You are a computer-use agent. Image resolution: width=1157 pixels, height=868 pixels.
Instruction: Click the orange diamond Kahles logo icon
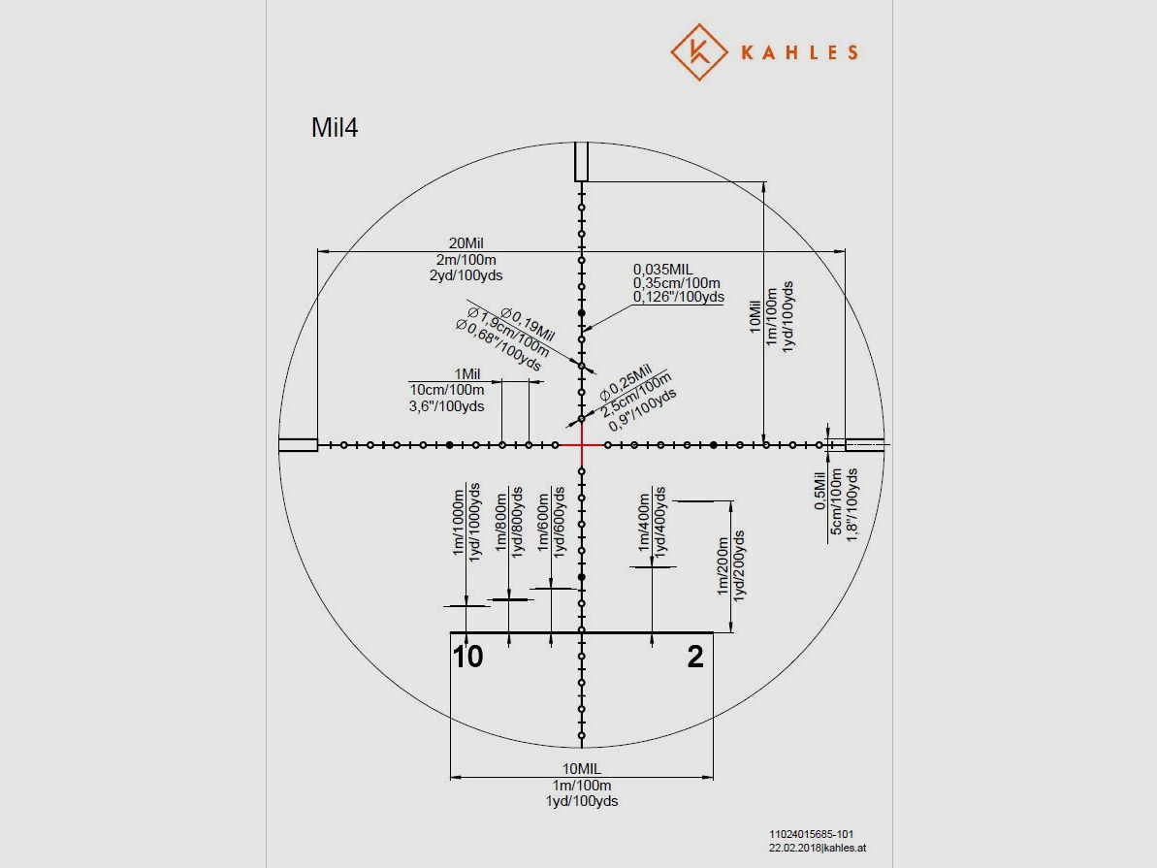click(x=699, y=51)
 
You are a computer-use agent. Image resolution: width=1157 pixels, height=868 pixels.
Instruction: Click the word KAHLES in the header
click(x=799, y=52)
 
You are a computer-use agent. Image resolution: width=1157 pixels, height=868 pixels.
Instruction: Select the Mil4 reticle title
click(x=335, y=127)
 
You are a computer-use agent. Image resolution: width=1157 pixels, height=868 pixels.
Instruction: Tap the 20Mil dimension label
click(x=466, y=242)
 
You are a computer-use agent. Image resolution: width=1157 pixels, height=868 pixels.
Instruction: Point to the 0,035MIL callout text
click(x=662, y=270)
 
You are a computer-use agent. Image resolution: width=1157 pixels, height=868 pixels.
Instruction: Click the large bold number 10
click(x=467, y=657)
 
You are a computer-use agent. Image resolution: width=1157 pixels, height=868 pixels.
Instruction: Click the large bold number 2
click(x=695, y=657)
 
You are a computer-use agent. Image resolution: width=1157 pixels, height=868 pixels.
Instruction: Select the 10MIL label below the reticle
click(x=582, y=769)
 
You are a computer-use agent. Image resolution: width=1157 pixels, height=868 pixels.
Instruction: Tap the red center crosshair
click(x=582, y=445)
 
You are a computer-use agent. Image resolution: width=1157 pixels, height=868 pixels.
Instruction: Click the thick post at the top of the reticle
click(x=582, y=162)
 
